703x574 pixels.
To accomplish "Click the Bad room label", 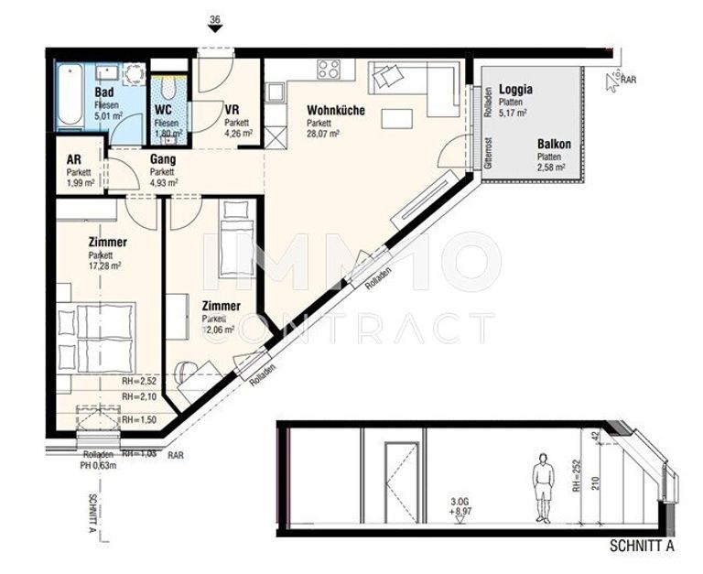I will click(103, 92).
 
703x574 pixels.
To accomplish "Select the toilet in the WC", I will click(168, 90).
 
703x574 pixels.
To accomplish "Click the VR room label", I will click(232, 109).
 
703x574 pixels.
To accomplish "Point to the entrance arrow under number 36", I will click(215, 28).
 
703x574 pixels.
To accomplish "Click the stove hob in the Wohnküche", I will click(329, 69).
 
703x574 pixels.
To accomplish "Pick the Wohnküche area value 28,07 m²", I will click(323, 133).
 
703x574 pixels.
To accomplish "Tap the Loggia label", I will click(516, 91).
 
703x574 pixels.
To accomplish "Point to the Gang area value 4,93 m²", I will click(164, 181).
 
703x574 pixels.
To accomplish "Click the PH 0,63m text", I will click(98, 465).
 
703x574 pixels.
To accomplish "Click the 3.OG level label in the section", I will click(460, 501).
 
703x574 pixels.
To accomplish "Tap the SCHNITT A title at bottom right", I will click(642, 548).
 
